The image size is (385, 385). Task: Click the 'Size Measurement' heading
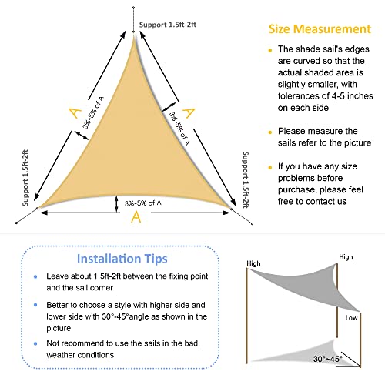point(320,29)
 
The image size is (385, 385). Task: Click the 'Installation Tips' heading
point(122,259)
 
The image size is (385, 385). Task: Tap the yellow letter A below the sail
point(136,217)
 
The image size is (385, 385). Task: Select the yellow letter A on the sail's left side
point(75,113)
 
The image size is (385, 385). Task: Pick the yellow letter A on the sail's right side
point(189,113)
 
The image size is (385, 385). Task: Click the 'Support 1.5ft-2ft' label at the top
point(168,25)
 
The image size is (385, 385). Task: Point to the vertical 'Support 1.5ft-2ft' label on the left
point(25,178)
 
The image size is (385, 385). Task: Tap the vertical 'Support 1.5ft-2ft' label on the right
point(246,179)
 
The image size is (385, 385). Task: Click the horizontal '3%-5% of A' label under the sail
point(143,203)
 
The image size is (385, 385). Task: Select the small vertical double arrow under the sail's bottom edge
point(116,204)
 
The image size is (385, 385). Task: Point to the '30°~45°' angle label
point(328,359)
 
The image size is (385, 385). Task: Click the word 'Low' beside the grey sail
point(351,318)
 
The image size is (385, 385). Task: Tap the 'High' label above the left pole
point(253,263)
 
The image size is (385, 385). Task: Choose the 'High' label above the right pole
point(346,257)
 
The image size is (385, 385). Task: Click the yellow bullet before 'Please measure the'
point(270,132)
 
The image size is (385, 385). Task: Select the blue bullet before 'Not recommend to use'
point(35,343)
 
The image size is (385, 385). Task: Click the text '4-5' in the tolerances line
point(338,96)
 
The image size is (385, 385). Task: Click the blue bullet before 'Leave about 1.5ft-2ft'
point(35,276)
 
